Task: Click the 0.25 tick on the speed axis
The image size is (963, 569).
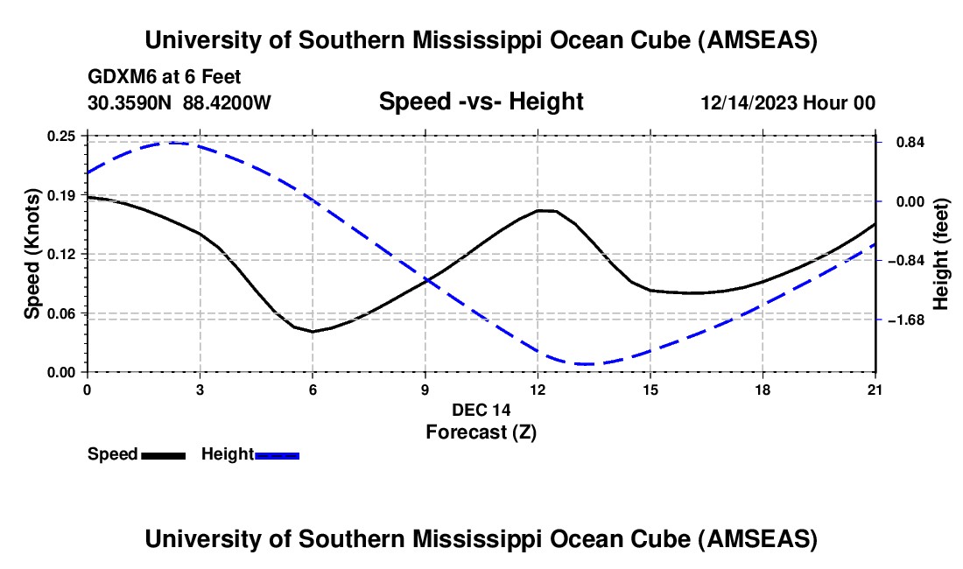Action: point(62,136)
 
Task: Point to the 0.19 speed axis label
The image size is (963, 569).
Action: point(62,194)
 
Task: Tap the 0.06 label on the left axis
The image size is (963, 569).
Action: point(62,313)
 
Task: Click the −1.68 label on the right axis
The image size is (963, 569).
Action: point(904,320)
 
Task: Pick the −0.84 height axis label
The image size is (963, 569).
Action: point(904,261)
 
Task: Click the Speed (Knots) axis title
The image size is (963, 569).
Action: point(32,254)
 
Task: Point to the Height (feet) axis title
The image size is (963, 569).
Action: point(941,254)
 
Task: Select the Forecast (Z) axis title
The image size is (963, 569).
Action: point(481,432)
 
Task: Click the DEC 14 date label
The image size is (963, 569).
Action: point(481,410)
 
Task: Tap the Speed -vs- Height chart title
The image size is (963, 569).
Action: point(481,102)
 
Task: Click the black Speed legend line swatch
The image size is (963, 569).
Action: point(164,455)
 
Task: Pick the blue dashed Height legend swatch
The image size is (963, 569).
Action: point(278,455)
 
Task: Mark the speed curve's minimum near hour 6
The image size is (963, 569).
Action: point(312,332)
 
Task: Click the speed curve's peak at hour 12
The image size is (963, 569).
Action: point(543,210)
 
